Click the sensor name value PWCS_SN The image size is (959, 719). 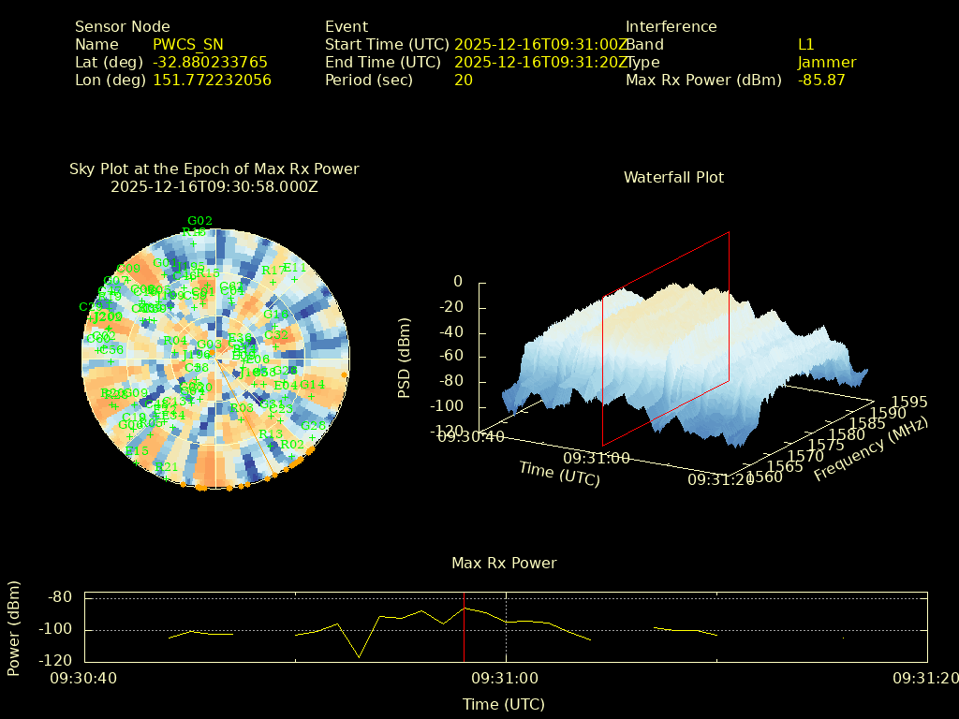[x=187, y=44]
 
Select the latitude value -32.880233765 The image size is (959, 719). [x=210, y=62]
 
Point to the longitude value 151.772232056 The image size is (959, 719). [x=212, y=80]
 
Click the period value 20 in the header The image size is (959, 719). [x=464, y=80]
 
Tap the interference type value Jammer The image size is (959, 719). [x=827, y=62]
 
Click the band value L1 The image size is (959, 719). [x=806, y=44]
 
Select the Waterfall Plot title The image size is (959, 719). [x=673, y=177]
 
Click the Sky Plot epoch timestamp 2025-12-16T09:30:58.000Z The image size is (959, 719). [x=214, y=186]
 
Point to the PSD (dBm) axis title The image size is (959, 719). [x=405, y=358]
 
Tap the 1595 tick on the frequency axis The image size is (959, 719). [x=910, y=402]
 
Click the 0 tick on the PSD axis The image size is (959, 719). [x=458, y=282]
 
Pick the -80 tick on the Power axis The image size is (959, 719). [x=60, y=597]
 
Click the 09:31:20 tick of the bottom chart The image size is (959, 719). [x=923, y=678]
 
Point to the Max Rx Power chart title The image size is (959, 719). [x=504, y=563]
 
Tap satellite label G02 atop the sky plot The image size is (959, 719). [x=199, y=222]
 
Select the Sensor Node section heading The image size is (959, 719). [x=123, y=26]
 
